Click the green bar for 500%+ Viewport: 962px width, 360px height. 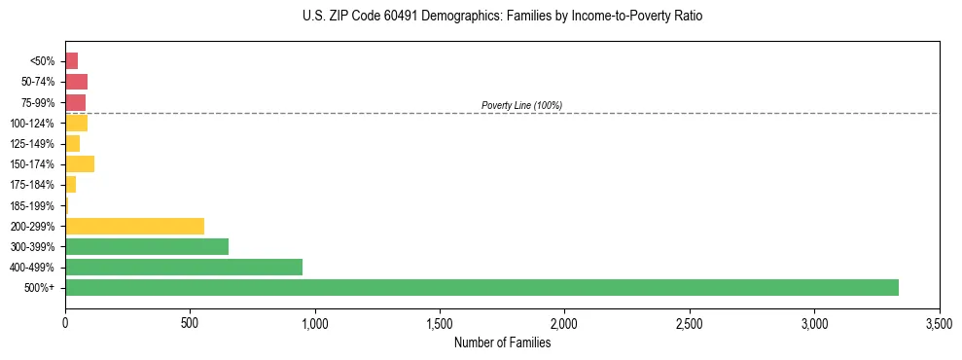[x=481, y=288]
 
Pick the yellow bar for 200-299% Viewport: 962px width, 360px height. [x=134, y=226]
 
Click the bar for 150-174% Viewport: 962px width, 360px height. [x=80, y=164]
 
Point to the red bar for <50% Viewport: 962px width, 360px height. [x=71, y=61]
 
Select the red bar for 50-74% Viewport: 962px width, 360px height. [x=76, y=82]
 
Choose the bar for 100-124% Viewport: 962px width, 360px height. [x=76, y=124]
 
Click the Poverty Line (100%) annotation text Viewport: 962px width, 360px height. [x=521, y=105]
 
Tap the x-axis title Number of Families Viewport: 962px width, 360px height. [x=502, y=342]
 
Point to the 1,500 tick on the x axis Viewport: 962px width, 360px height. [x=440, y=322]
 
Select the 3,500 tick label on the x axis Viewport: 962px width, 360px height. [x=939, y=322]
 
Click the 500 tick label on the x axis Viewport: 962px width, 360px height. [x=190, y=322]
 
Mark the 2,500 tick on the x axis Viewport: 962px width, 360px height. [x=690, y=322]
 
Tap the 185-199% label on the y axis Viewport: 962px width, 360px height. [x=33, y=206]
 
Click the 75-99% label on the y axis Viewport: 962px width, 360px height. [x=38, y=103]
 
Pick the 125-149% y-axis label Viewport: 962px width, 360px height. [x=33, y=144]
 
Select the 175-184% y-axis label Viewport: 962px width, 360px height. [x=33, y=185]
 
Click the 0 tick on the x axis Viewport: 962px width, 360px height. [x=65, y=322]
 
